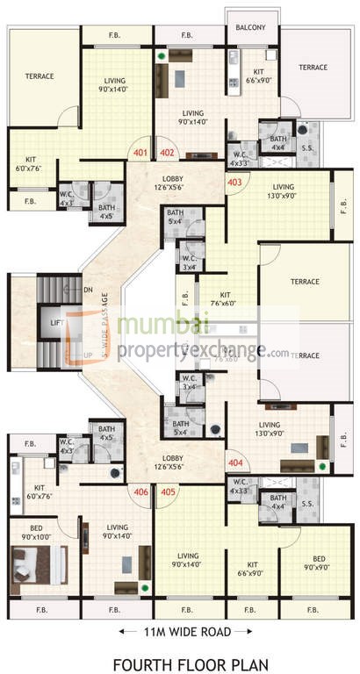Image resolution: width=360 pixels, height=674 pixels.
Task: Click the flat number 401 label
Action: (x=140, y=152)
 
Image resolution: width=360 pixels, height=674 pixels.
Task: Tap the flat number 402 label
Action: (x=169, y=152)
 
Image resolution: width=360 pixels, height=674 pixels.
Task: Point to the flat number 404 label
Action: (x=234, y=462)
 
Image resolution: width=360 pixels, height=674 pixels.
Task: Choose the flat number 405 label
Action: (x=169, y=491)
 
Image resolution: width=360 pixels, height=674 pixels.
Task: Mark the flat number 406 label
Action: (x=140, y=491)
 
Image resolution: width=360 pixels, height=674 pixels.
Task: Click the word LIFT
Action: (x=57, y=323)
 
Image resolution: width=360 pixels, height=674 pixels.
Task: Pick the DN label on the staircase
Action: (x=88, y=289)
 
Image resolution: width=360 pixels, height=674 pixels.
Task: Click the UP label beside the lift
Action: (x=88, y=355)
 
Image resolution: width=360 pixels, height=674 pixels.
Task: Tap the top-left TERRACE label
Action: (x=40, y=76)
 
